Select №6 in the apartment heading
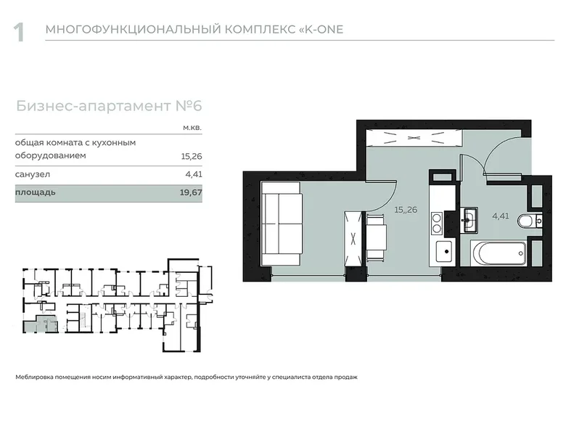point(188,106)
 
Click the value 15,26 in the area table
point(191,155)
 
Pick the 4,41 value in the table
point(193,174)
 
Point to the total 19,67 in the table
point(191,193)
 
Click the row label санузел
point(33,174)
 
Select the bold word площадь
point(36,193)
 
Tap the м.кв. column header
point(192,128)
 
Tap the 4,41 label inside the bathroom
point(501,216)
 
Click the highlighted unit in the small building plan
point(31,326)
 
